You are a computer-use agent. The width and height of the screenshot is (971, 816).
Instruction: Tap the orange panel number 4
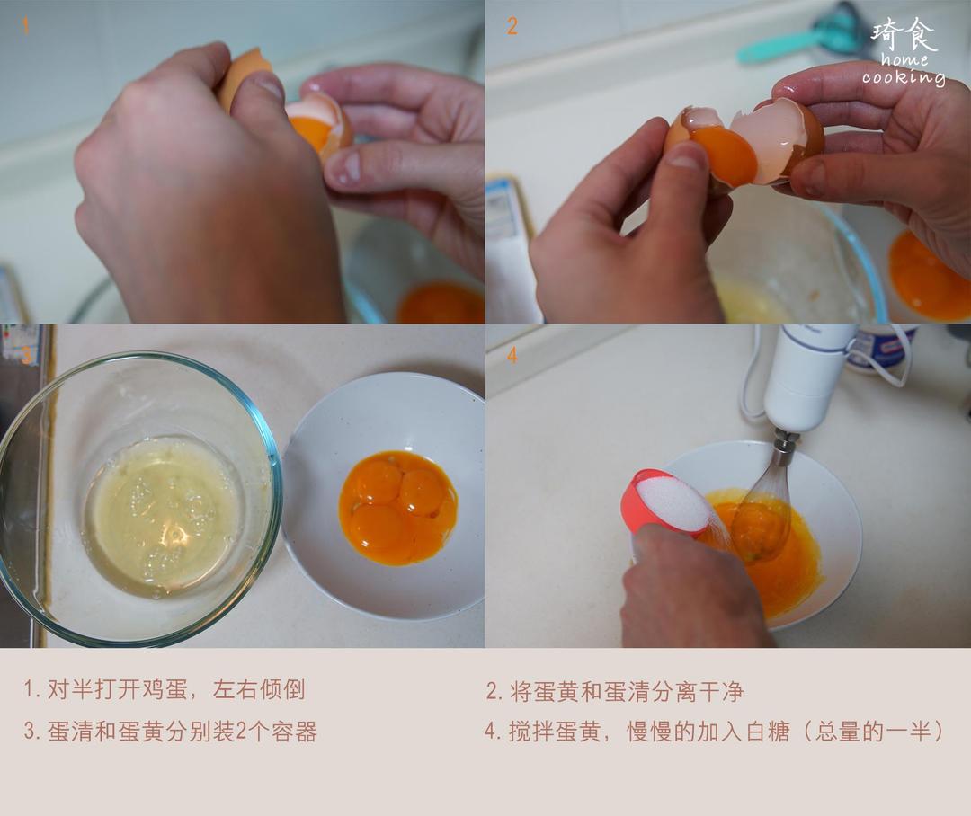point(512,356)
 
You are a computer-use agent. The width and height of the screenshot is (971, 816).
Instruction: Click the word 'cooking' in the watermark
point(903,77)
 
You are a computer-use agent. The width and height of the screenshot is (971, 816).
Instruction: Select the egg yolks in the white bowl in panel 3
point(397,508)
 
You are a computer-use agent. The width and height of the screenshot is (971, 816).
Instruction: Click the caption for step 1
point(164,689)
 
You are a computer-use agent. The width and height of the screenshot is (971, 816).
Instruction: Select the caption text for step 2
point(614,691)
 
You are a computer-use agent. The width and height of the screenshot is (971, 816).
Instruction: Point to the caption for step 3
point(170,732)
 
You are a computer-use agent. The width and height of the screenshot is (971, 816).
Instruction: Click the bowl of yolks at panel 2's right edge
point(931,274)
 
